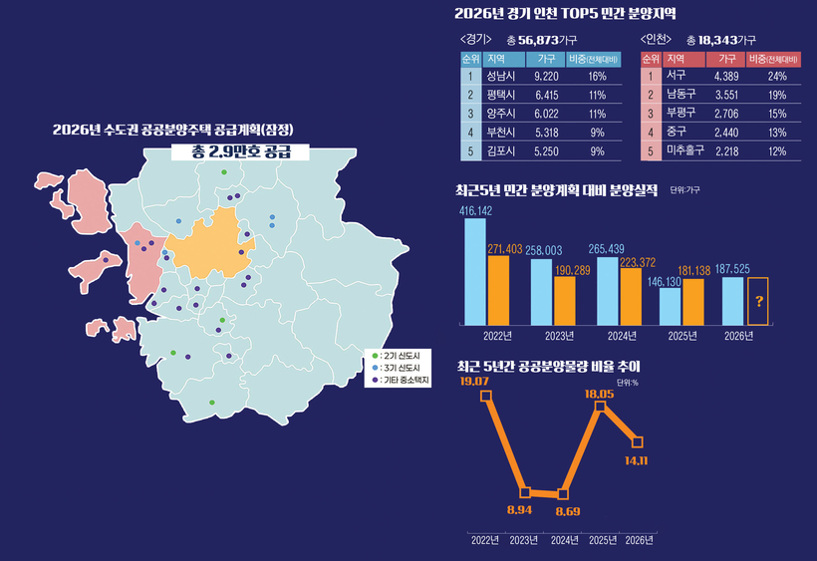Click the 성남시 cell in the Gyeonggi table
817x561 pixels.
click(500, 76)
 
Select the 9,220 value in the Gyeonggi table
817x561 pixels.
click(545, 76)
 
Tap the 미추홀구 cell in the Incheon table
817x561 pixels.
click(684, 150)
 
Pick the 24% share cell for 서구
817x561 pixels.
click(777, 76)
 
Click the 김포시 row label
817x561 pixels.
click(500, 150)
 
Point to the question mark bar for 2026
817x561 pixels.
click(759, 301)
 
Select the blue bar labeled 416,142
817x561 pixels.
click(475, 271)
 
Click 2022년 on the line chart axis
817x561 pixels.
click(485, 540)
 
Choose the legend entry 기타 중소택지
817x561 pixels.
click(403, 380)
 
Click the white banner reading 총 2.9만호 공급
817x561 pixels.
click(224, 152)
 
